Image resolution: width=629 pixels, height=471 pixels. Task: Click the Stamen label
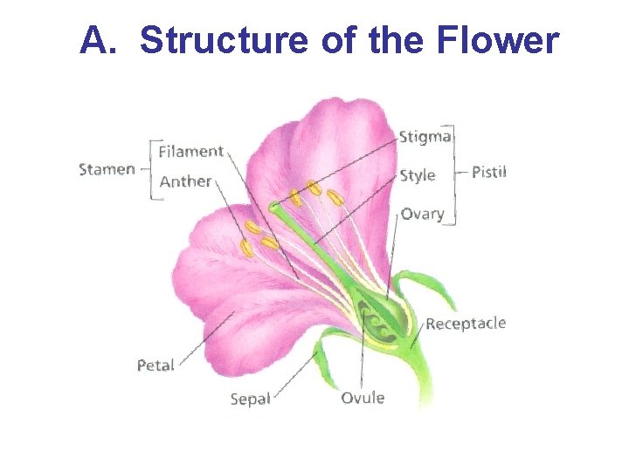107,168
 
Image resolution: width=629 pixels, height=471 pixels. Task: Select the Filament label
190,152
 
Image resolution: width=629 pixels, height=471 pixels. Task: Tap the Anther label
185,181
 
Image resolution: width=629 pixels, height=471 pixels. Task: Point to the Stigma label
425,137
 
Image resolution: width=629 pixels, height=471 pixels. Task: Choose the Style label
417,175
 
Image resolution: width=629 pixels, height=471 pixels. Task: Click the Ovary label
422,214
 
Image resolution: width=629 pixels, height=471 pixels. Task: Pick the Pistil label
488,172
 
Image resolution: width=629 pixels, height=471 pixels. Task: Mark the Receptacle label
466,324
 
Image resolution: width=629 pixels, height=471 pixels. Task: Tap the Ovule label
362,398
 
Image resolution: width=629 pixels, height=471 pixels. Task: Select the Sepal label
250,399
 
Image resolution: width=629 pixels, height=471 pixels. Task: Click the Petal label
156,365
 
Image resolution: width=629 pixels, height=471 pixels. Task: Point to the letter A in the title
93,41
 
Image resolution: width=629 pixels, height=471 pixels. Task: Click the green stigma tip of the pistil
275,207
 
